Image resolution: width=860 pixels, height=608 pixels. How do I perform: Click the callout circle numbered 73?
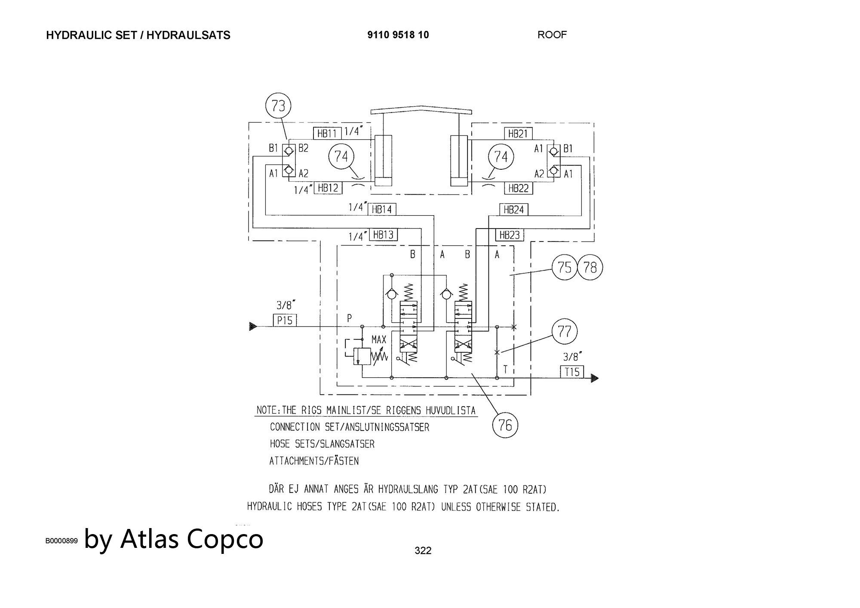pyautogui.click(x=279, y=106)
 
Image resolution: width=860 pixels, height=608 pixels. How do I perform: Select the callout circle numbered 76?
pyautogui.click(x=505, y=425)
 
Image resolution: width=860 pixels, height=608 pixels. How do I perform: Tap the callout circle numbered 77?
pyautogui.click(x=564, y=331)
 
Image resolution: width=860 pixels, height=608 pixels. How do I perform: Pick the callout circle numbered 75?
pyautogui.click(x=565, y=267)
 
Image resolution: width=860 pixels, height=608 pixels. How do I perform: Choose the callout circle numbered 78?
pyautogui.click(x=590, y=267)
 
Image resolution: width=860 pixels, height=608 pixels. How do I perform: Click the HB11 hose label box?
pyautogui.click(x=327, y=133)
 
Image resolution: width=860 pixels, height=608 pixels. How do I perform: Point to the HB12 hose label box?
pyautogui.click(x=328, y=188)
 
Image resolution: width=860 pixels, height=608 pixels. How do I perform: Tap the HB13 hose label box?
pyautogui.click(x=383, y=235)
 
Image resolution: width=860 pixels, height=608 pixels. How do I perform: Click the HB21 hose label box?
pyautogui.click(x=518, y=133)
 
